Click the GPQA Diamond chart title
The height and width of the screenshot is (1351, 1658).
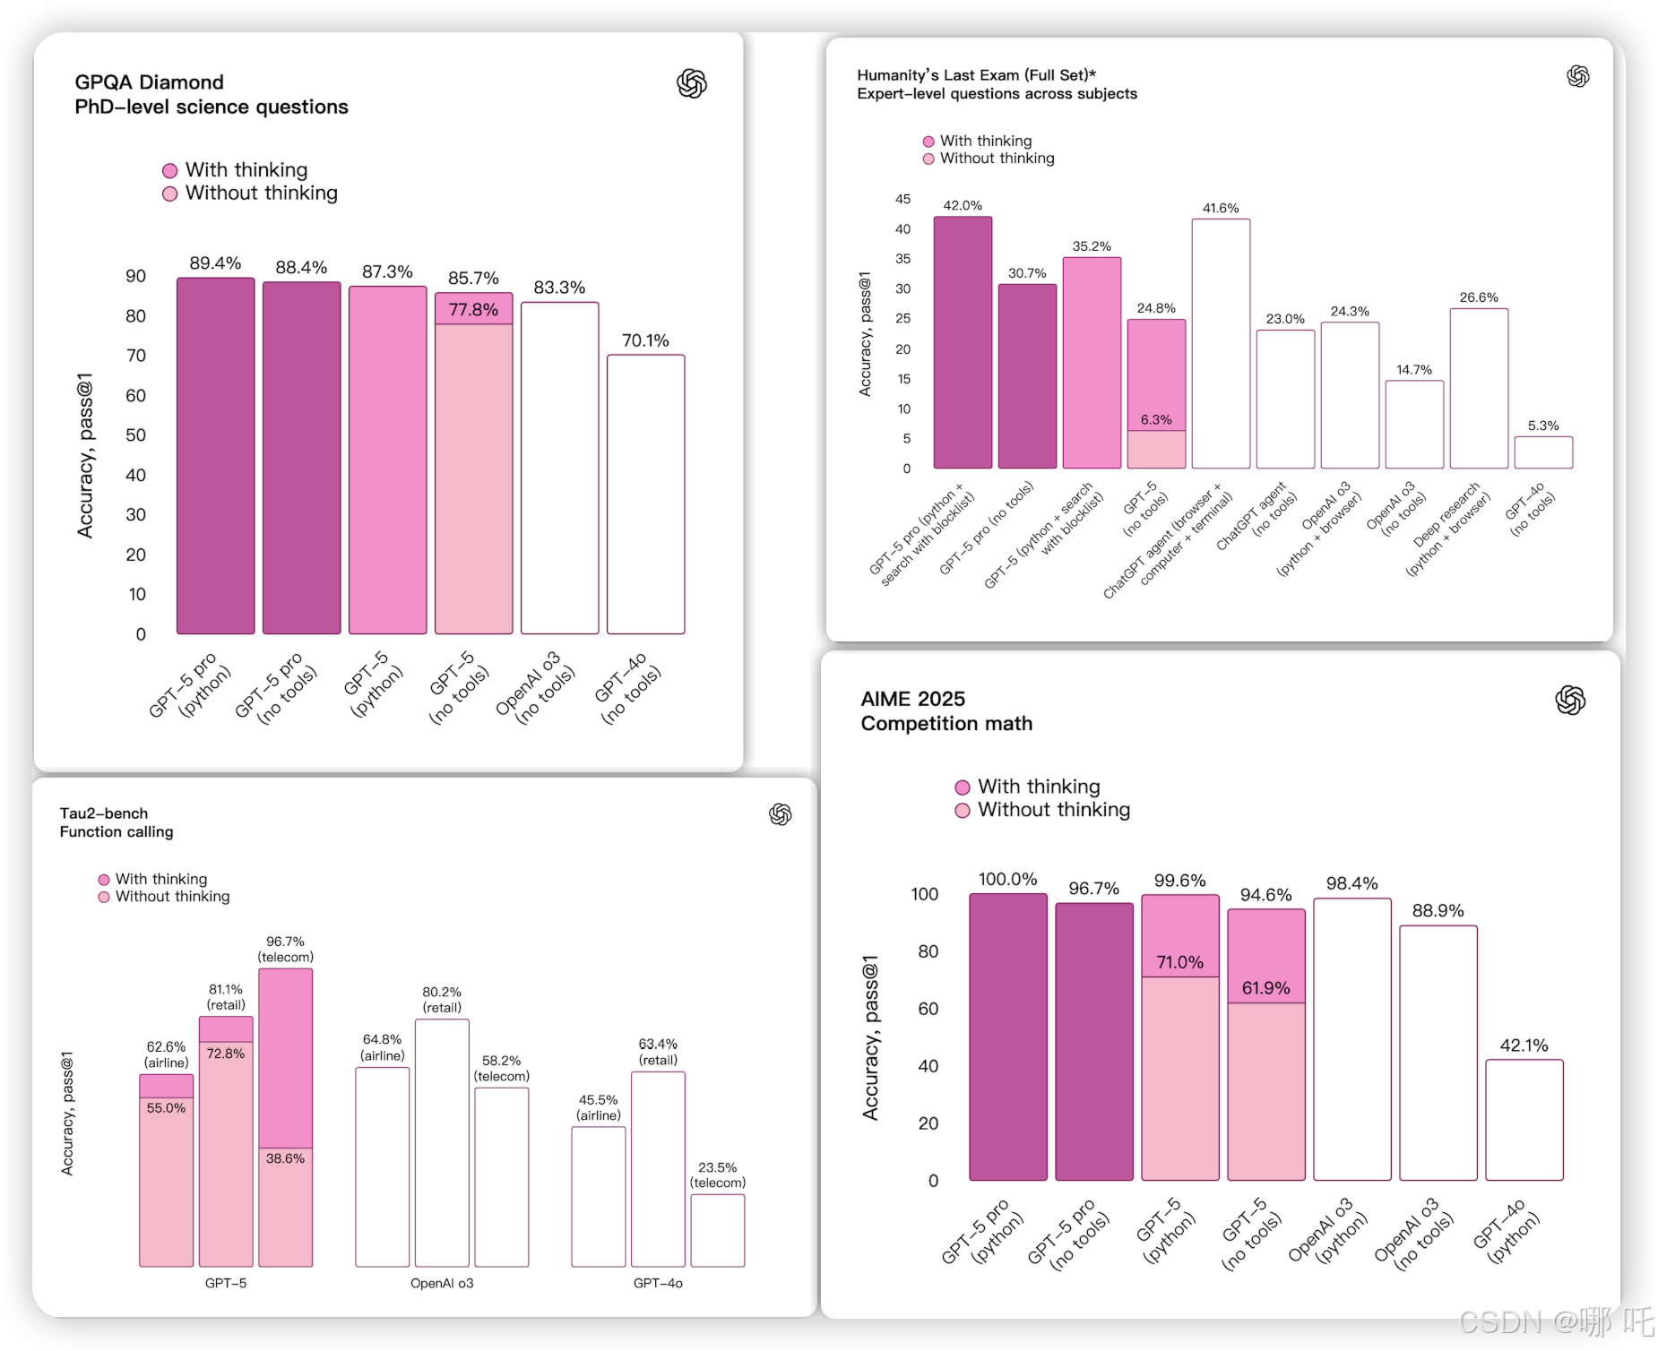pyautogui.click(x=150, y=82)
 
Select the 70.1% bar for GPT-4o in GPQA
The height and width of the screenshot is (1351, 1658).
pyautogui.click(x=645, y=494)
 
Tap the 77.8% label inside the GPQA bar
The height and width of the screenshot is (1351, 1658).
pyautogui.click(x=473, y=310)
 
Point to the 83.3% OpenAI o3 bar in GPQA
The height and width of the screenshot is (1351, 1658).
pyautogui.click(x=559, y=468)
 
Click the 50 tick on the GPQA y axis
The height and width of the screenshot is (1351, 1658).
pyautogui.click(x=135, y=435)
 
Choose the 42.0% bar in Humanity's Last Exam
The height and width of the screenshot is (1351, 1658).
pyautogui.click(x=963, y=342)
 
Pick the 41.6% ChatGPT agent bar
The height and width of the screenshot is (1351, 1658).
pyautogui.click(x=1221, y=343)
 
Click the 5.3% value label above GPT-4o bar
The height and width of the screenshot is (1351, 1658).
pyautogui.click(x=1543, y=426)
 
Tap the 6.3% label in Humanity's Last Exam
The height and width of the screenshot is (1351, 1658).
pyautogui.click(x=1156, y=419)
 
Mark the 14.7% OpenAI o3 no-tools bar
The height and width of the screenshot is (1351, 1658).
pyautogui.click(x=1414, y=425)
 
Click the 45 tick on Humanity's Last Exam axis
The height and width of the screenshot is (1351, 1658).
pyautogui.click(x=902, y=199)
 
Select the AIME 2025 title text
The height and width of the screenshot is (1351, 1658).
pyautogui.click(x=912, y=699)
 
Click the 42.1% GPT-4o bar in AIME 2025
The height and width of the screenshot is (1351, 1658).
pyautogui.click(x=1524, y=1120)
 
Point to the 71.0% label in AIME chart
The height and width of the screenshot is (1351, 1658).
pyautogui.click(x=1179, y=962)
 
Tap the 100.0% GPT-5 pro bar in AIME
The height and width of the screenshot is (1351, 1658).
pyautogui.click(x=1007, y=1037)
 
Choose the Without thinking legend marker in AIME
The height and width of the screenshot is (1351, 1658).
pyautogui.click(x=963, y=811)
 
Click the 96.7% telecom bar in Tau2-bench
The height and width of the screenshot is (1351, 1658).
pyautogui.click(x=285, y=1057)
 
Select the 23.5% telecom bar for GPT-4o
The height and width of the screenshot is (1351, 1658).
pyautogui.click(x=717, y=1230)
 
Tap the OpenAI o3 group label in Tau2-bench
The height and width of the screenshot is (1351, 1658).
pyautogui.click(x=442, y=1283)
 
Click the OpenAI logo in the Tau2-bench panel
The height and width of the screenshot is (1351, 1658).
pyautogui.click(x=781, y=814)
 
